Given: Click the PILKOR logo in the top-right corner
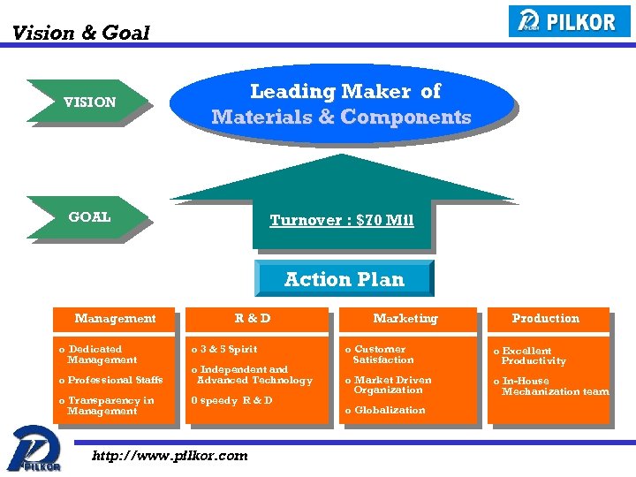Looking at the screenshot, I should click(570, 21).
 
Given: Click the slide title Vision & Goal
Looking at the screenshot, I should click(80, 34).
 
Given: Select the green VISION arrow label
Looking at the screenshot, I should click(87, 102).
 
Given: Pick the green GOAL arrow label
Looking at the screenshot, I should click(87, 216).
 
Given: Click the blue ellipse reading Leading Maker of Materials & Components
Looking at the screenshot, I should click(341, 104).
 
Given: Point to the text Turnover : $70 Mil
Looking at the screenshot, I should click(341, 220).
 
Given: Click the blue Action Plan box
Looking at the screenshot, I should click(344, 279).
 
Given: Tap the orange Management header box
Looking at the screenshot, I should click(115, 318).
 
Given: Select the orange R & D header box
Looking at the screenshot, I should click(254, 318).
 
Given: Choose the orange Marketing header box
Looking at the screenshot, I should click(405, 318).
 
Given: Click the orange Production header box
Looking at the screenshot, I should click(546, 318).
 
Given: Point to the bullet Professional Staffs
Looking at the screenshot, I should click(112, 380).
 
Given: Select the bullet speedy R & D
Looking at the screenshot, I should click(232, 400).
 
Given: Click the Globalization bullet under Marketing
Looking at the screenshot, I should click(386, 410).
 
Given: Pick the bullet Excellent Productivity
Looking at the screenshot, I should click(532, 355).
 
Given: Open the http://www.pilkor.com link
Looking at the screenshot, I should click(170, 456).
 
